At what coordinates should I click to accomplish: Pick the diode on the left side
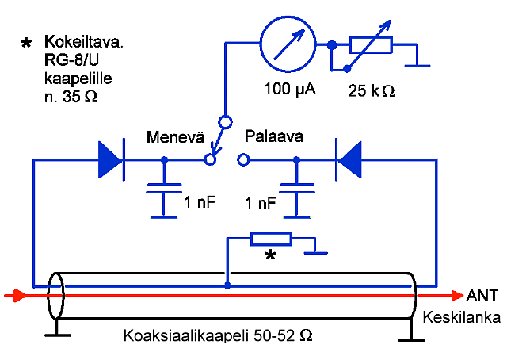click(111, 159)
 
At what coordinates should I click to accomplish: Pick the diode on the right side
click(349, 159)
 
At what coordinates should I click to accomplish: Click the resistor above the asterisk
click(271, 238)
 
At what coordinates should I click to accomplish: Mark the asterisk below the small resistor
click(271, 256)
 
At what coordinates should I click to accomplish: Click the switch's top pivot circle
click(225, 122)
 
